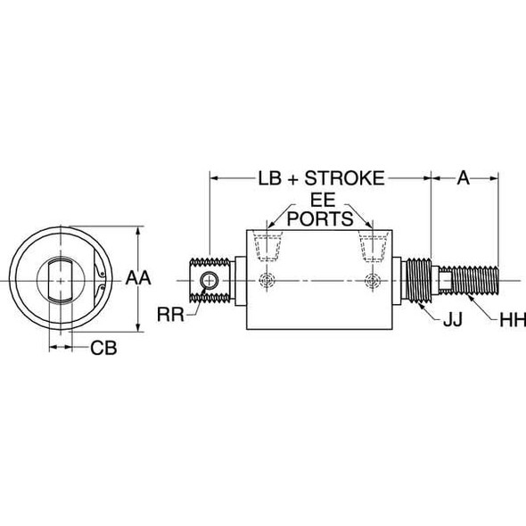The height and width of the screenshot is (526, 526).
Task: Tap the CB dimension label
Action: click(103, 347)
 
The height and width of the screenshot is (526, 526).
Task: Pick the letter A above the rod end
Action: click(463, 178)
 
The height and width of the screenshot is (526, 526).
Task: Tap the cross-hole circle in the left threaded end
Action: click(208, 281)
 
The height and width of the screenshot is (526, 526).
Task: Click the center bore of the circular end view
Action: click(61, 279)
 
